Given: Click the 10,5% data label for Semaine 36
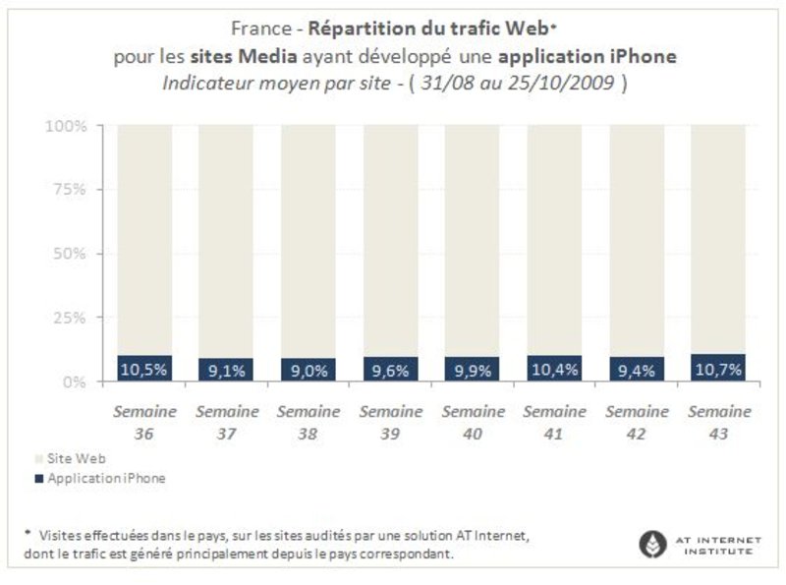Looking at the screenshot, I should [x=144, y=370].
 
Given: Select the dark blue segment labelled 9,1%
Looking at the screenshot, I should [x=226, y=370].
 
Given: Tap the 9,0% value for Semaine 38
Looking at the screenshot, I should [x=308, y=370].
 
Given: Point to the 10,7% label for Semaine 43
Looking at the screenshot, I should [x=717, y=369].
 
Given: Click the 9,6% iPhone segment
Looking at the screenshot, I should [x=390, y=370].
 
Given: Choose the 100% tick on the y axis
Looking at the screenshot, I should [x=68, y=127].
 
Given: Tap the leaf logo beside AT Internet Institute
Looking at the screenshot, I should [x=651, y=543].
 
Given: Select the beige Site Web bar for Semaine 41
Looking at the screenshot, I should [x=554, y=236].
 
